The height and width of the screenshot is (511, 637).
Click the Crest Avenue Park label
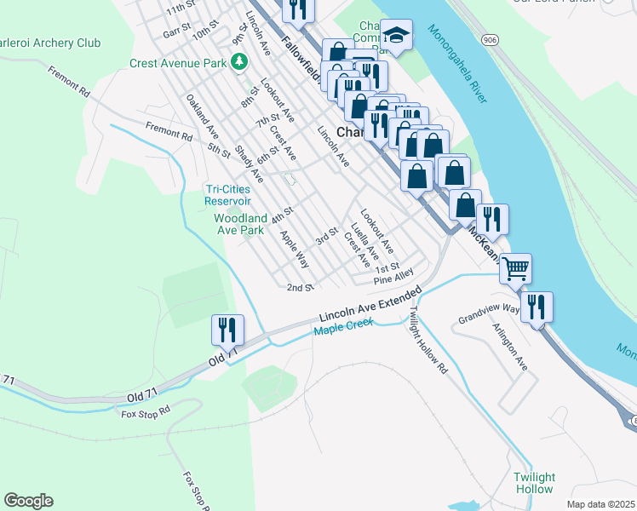tap(178, 62)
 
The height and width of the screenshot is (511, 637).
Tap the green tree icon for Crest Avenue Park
tap(241, 61)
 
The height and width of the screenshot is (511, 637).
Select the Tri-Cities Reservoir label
tap(227, 195)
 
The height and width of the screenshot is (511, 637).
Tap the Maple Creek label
tap(345, 330)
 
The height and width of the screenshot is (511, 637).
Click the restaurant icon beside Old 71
tap(227, 329)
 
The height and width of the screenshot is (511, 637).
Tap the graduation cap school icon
tap(396, 33)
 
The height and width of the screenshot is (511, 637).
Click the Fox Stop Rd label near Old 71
tap(146, 413)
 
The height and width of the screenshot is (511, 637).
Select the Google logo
tap(28, 501)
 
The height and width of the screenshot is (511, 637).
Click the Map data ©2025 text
tap(600, 504)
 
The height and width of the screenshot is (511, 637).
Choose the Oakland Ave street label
tap(203, 118)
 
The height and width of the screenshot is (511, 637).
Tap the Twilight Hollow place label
tap(534, 483)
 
